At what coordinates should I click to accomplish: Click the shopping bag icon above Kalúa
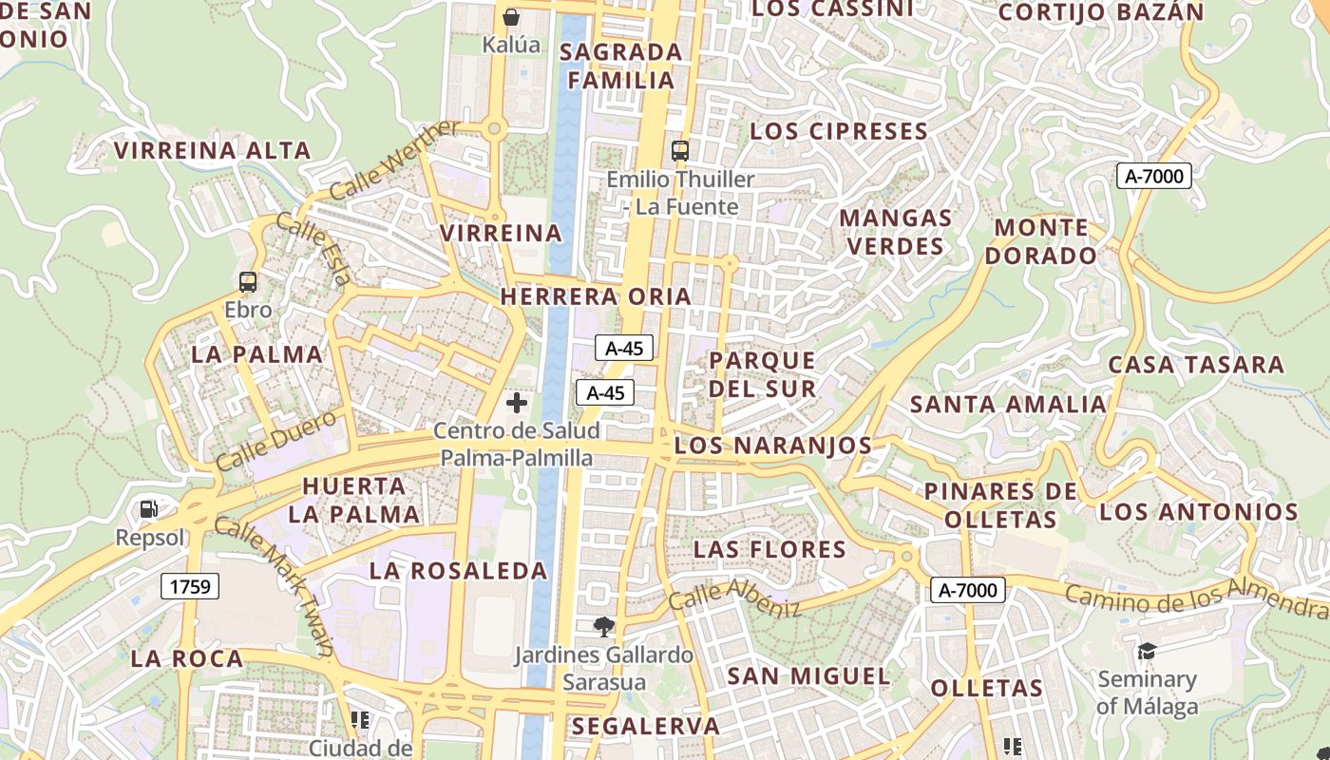[x=511, y=16]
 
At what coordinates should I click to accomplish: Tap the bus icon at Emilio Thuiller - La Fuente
[x=679, y=150]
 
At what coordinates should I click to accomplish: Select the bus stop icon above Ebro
[x=248, y=281]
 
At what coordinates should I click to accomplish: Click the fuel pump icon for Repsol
[x=149, y=509]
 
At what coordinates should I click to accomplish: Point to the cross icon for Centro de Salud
[x=517, y=403]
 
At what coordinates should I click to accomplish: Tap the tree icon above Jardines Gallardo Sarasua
[x=602, y=626]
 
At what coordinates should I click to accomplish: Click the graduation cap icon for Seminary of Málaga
[x=1147, y=651]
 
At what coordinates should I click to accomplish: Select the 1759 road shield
[x=189, y=586]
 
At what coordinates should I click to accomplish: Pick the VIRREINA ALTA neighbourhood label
[x=213, y=150]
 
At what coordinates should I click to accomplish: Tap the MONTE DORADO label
[x=1041, y=241]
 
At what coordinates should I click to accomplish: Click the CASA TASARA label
[x=1196, y=365]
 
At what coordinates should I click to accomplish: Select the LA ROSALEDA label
[x=458, y=571]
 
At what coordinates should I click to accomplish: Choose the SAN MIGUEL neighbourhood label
[x=808, y=676]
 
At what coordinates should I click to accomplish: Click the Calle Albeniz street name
[x=734, y=598]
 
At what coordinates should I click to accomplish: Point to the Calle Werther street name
[x=394, y=161]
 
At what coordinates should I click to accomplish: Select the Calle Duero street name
[x=275, y=440]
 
